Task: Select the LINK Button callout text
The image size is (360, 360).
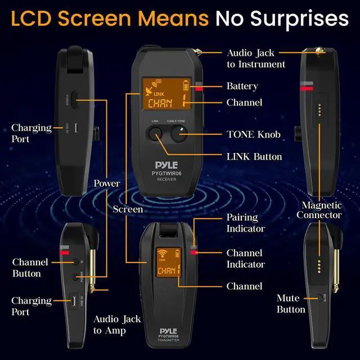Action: pyautogui.click(x=254, y=156)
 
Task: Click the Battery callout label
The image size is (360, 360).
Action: pyautogui.click(x=242, y=86)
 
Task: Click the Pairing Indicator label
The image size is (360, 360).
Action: pyautogui.click(x=245, y=223)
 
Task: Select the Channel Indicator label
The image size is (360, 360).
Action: pyautogui.click(x=245, y=259)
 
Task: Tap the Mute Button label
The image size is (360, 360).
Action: pyautogui.click(x=291, y=304)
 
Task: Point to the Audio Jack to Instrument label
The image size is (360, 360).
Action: pyautogui.click(x=255, y=58)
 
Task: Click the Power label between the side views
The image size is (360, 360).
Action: pyautogui.click(x=106, y=183)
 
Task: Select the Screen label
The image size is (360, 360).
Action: pyautogui.click(x=128, y=209)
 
